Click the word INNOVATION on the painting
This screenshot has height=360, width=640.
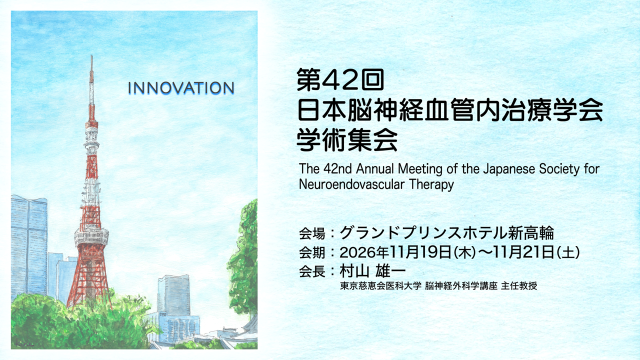(x=181, y=88)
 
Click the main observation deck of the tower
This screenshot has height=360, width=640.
(x=91, y=236)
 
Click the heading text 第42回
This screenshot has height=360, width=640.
(x=339, y=80)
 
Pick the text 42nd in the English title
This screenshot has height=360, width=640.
(x=334, y=168)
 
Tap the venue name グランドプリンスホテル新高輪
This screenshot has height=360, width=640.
(x=446, y=233)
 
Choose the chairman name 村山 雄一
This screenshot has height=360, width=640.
(x=372, y=271)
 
